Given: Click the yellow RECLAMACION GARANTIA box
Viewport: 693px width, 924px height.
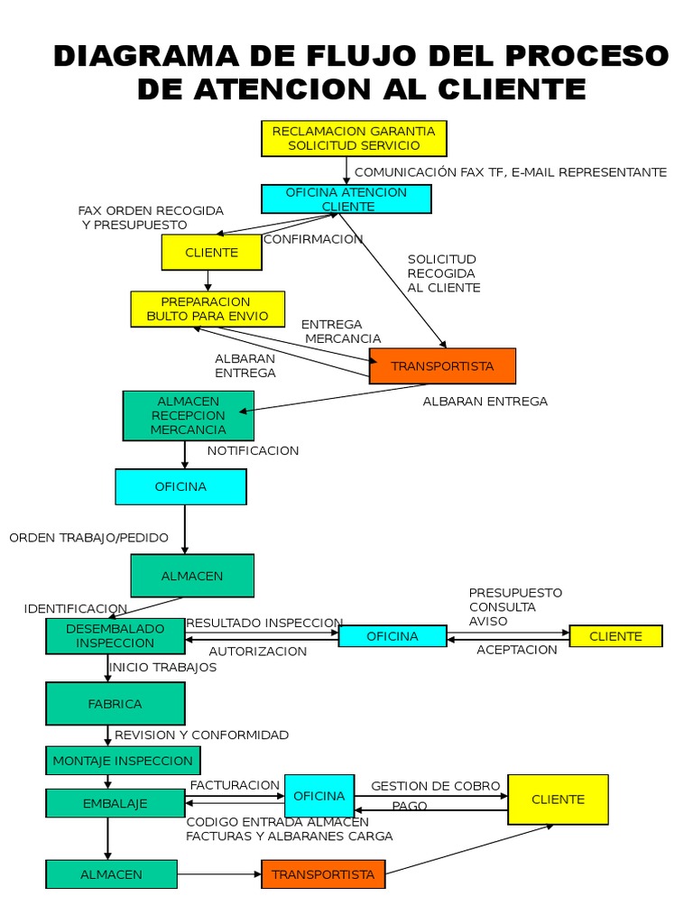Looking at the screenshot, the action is tap(354, 138).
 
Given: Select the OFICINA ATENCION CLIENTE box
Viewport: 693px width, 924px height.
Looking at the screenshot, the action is tap(346, 199).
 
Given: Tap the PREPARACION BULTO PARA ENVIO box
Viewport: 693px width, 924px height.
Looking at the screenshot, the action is tap(208, 309).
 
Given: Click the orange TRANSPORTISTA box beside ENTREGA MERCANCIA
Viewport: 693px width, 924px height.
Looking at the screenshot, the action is tap(442, 366).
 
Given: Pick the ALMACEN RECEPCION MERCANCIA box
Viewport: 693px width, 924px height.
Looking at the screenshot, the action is tap(188, 415).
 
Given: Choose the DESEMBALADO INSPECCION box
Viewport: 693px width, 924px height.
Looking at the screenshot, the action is tap(115, 636).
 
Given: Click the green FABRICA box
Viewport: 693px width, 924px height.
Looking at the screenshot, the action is tap(115, 704).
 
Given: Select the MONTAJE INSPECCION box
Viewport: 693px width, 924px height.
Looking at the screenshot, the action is tap(123, 760).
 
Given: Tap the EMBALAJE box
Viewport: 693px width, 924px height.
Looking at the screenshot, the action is tap(115, 803).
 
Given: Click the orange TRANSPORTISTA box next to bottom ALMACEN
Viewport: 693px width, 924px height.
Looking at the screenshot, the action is tap(323, 873).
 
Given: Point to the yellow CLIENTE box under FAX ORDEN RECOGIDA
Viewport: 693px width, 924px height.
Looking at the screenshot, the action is tap(211, 253).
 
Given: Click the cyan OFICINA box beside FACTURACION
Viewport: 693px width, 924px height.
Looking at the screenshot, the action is tap(319, 796).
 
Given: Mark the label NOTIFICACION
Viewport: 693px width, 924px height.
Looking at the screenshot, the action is tap(253, 451).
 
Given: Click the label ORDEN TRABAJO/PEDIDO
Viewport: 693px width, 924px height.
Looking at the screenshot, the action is tap(89, 538).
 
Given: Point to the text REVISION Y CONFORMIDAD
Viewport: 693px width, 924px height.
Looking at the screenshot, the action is tap(201, 735).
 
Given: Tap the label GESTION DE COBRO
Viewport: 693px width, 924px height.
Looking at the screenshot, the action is tap(436, 786).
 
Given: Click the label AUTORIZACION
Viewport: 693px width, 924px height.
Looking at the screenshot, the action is tap(257, 651).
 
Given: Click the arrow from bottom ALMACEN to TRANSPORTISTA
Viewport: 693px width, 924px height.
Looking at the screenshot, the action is tap(219, 873).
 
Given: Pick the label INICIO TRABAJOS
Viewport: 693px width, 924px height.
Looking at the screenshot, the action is tap(162, 667).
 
